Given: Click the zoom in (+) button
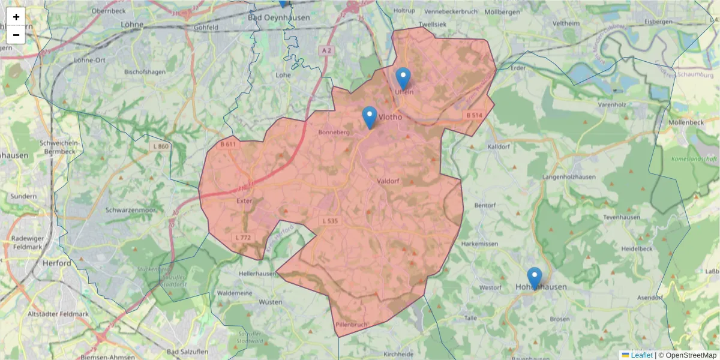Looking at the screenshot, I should tap(16, 17).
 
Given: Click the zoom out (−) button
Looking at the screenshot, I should tap(16, 35).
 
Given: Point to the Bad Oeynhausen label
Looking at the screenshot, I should tap(279, 17).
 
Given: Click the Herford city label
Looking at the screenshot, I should tap(56, 263).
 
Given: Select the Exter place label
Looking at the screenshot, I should tap(245, 201).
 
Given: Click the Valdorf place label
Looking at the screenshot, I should tap(389, 181).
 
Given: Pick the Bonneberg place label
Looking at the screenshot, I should tap(334, 132).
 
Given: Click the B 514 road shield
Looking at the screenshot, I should tap(473, 115).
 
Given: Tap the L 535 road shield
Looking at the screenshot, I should tap(331, 221).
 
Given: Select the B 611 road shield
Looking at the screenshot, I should tap(228, 144).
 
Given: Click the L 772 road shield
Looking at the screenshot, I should tap(243, 238).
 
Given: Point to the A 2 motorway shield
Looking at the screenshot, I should tap(326, 50).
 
